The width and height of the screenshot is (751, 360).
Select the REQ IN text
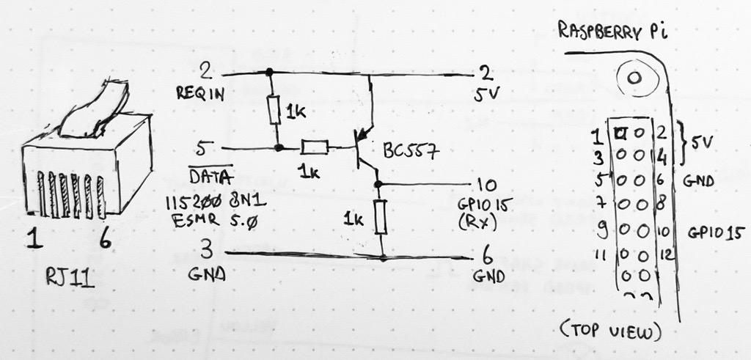coord(199,93)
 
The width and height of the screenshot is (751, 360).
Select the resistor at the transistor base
coord(315,148)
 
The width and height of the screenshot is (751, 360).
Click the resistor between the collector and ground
coord(380,218)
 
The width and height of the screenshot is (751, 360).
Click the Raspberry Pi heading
coord(606,33)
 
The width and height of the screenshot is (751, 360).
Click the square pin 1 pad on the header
coord(620,134)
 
